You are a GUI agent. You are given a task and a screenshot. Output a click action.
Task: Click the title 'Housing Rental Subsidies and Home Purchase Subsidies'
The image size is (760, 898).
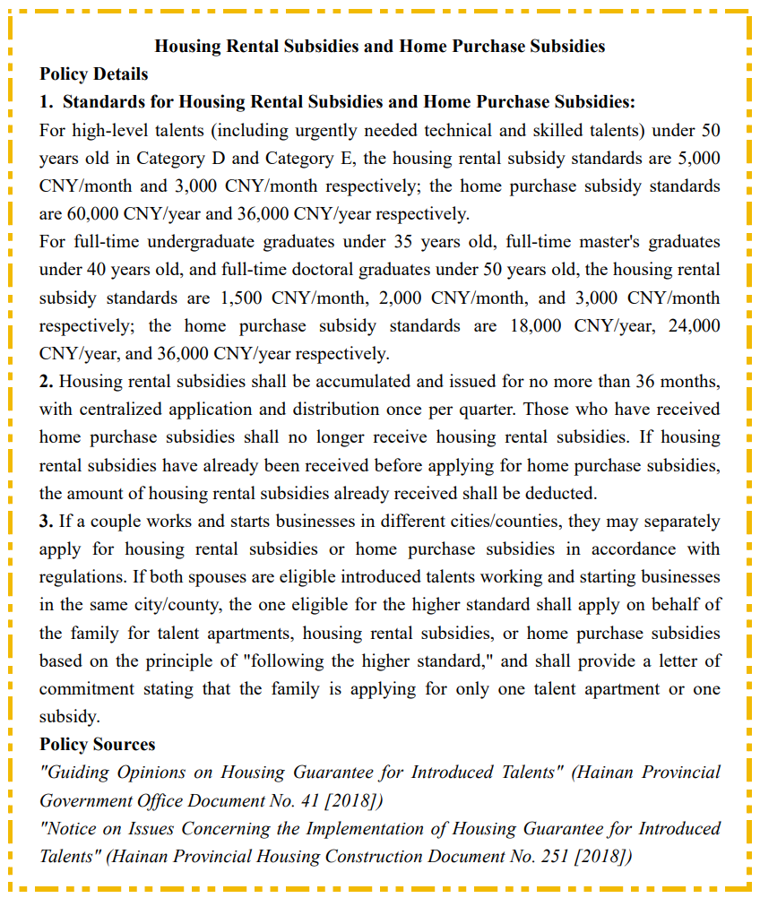pos(380,46)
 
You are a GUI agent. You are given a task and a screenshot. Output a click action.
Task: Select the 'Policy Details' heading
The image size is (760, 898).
pos(94,73)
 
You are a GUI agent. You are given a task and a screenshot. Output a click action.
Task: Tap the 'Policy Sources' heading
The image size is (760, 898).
pos(97,744)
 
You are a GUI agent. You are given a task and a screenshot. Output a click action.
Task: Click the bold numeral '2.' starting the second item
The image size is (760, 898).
pos(46,382)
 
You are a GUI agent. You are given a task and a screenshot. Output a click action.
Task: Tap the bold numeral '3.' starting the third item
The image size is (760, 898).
pos(46,521)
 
